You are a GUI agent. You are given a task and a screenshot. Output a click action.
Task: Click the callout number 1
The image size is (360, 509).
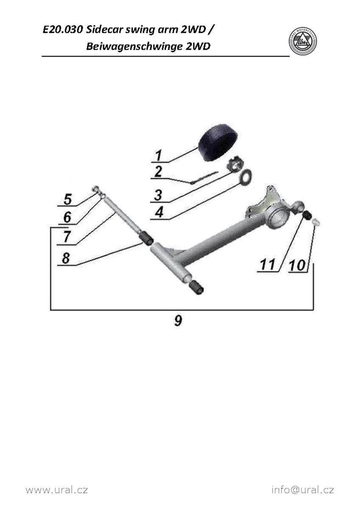[x=158, y=155]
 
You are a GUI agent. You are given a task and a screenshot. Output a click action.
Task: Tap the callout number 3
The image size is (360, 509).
[x=158, y=195]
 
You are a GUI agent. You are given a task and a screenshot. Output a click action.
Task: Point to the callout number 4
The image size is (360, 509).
[x=159, y=212]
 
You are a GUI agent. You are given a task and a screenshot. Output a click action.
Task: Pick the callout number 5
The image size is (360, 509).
[x=67, y=199]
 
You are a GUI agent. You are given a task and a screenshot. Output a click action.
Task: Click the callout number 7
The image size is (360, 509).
[x=66, y=237]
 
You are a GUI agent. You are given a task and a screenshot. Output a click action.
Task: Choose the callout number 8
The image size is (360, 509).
[x=66, y=258]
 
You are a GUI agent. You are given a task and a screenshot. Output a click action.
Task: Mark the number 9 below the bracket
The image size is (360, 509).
[x=178, y=320]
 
